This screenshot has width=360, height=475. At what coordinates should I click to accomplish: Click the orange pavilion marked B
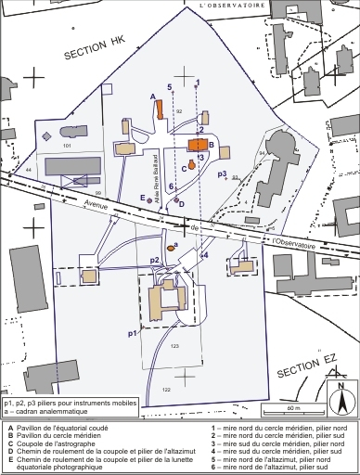pos(198,145)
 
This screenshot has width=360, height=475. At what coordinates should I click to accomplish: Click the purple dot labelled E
pos(149,198)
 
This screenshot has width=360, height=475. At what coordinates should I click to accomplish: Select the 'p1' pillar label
pos(132,331)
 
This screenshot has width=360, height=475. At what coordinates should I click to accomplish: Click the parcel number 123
pos(174,346)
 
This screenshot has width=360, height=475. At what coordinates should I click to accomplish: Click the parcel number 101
pos(66,147)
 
